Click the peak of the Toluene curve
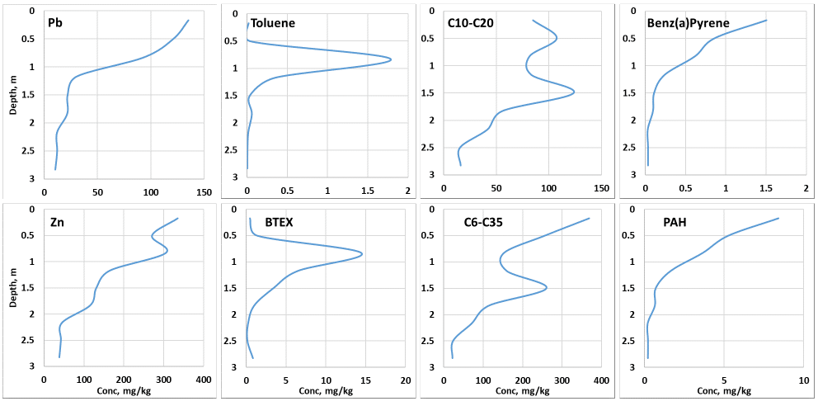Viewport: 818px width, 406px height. coord(390,59)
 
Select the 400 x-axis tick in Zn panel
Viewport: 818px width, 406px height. coord(204,381)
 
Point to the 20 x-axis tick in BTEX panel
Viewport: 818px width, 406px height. coord(405,381)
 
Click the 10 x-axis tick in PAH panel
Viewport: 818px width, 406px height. coord(804,381)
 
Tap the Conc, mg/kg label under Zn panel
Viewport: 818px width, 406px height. coord(124,392)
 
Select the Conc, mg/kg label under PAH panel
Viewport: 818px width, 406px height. coord(724,392)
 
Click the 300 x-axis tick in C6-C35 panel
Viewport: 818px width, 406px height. coord(562,381)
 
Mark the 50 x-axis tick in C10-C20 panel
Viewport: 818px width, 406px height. coord(496,188)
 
